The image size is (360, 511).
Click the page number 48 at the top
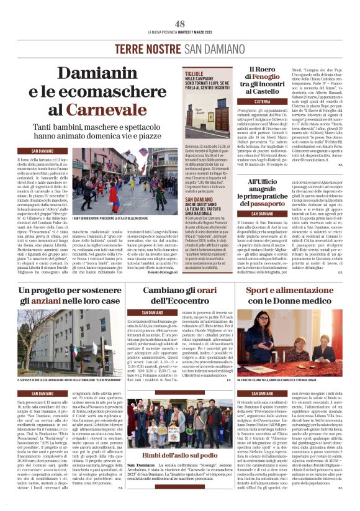click(x=180, y=24)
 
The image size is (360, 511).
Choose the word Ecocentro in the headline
click(x=178, y=301)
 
